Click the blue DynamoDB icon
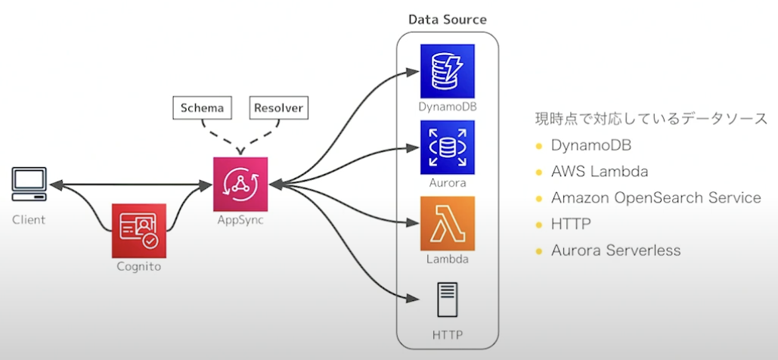[448, 70]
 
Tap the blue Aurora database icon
[448, 147]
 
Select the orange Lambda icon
[448, 223]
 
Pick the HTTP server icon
[448, 299]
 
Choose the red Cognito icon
[138, 229]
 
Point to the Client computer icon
[29, 184]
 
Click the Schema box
[201, 108]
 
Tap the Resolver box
[278, 108]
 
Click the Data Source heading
[448, 19]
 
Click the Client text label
[29, 220]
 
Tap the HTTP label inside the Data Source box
[448, 334]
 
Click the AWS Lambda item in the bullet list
[600, 172]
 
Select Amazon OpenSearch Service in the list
[656, 198]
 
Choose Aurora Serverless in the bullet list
[615, 250]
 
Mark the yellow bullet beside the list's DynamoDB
[539, 146]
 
